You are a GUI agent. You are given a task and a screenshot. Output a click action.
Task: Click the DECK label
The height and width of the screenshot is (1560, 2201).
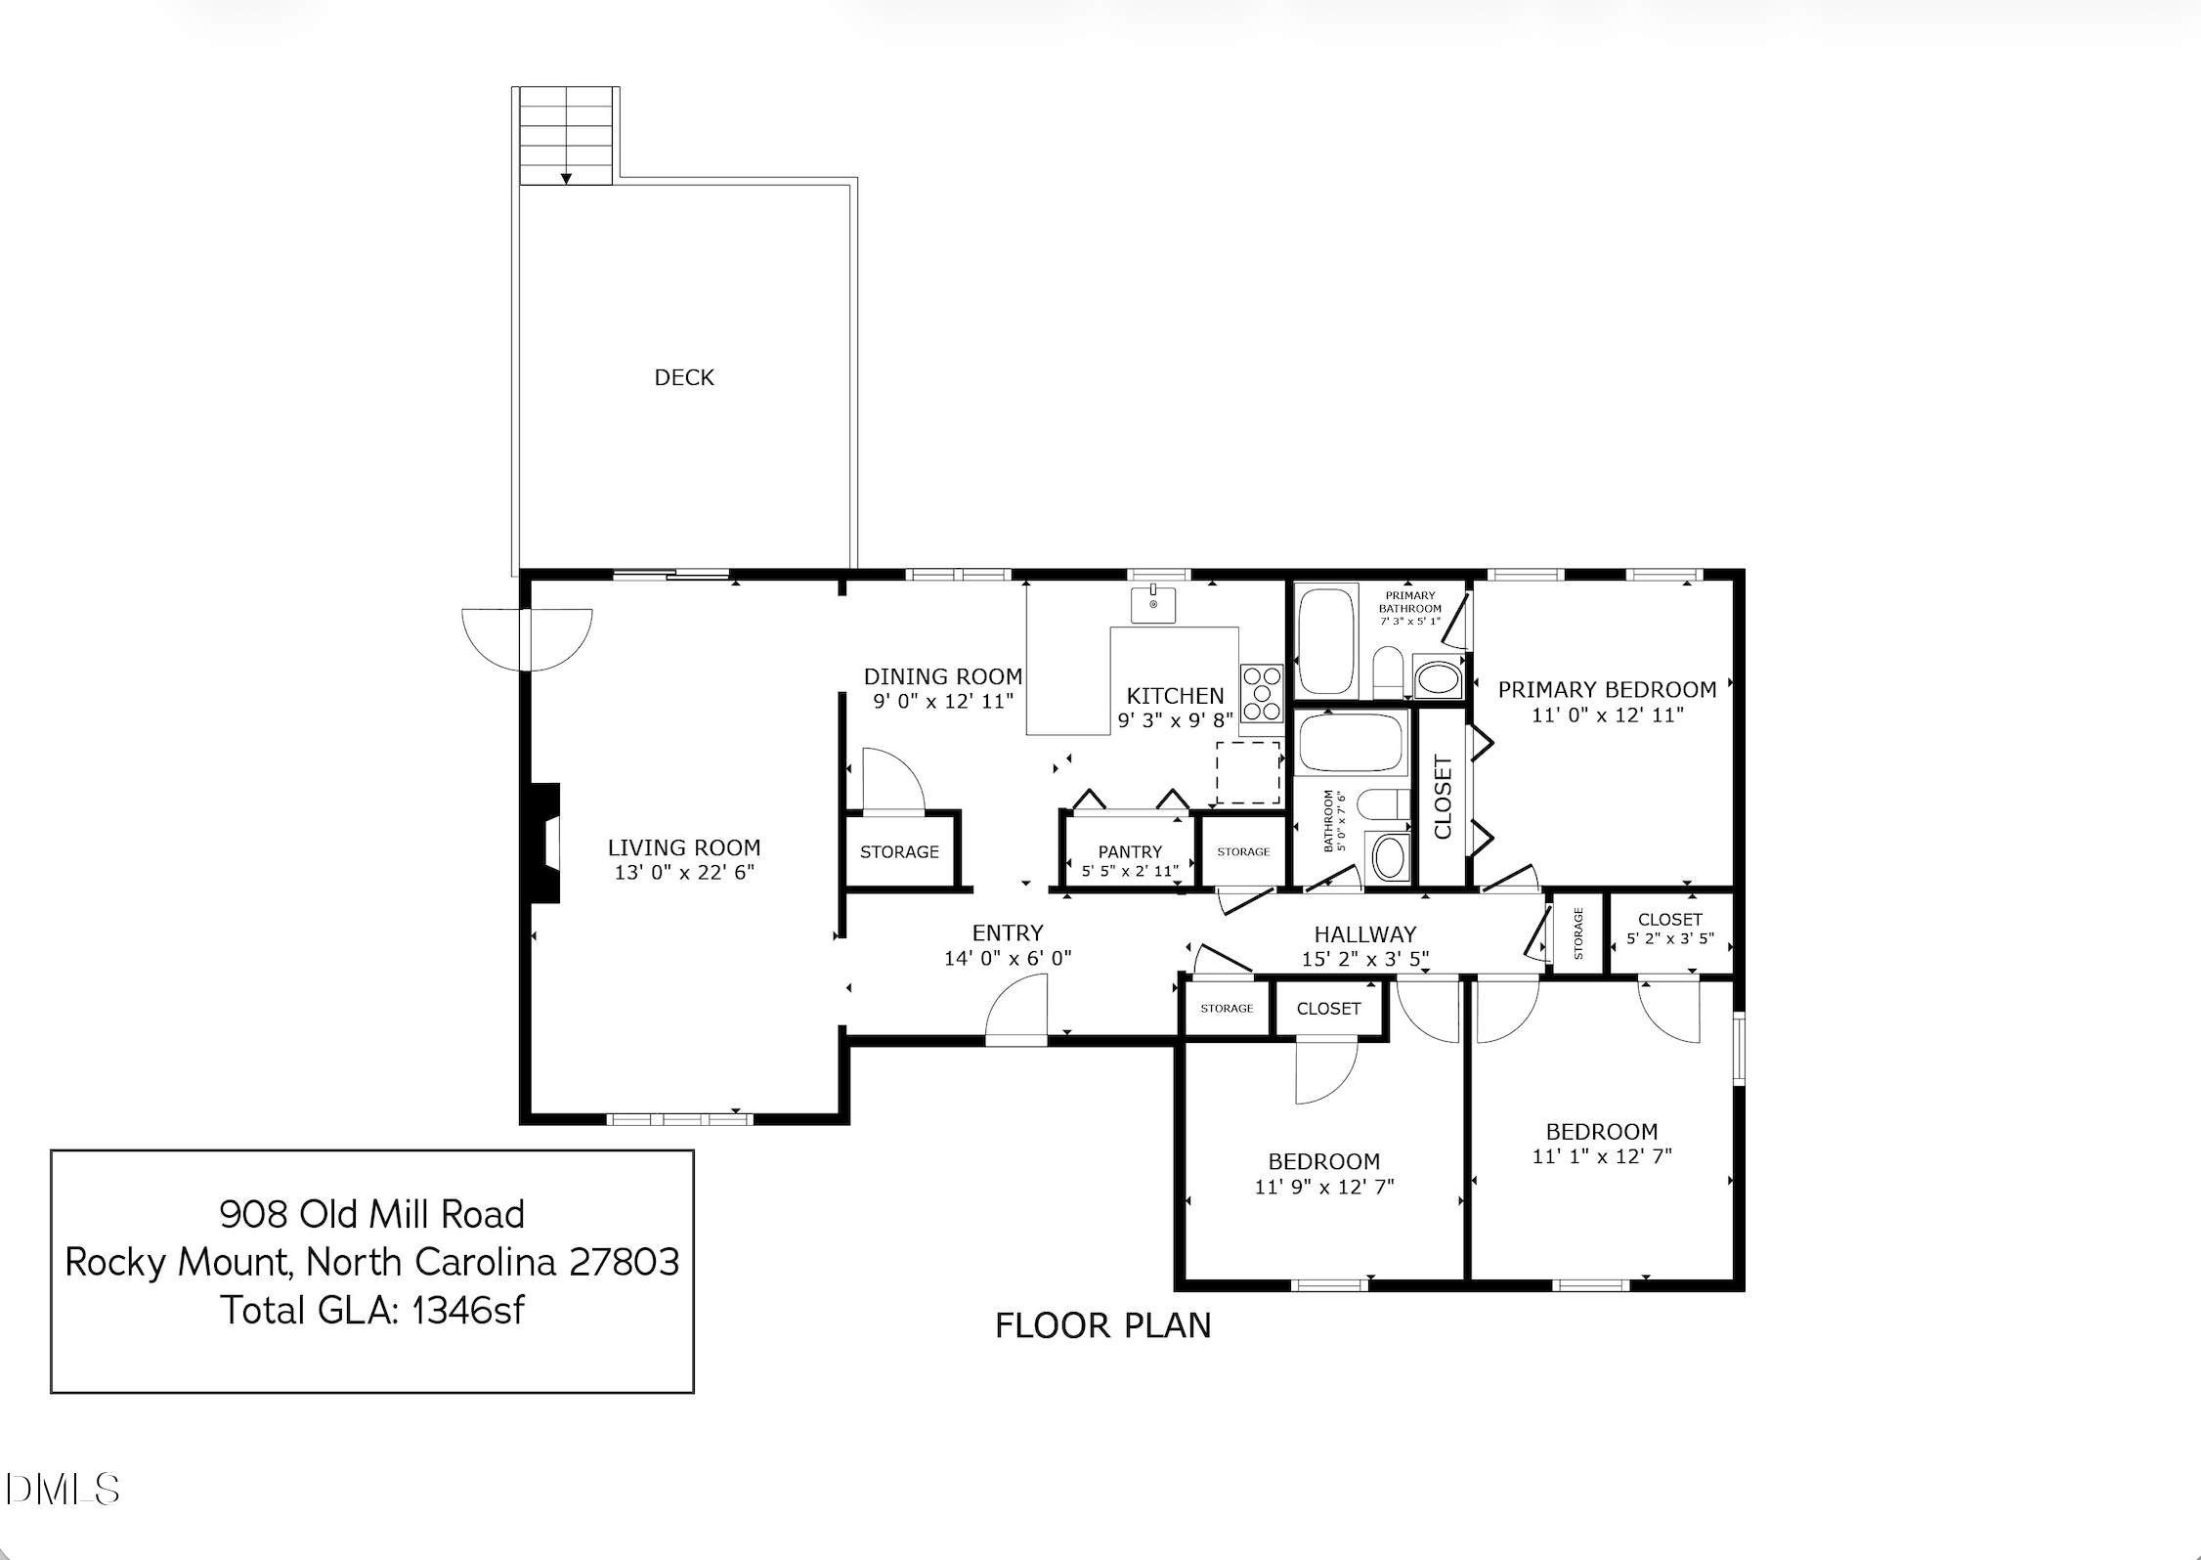pyautogui.click(x=684, y=377)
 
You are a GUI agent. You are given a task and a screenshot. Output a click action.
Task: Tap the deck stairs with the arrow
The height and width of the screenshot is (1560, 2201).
pyautogui.click(x=566, y=135)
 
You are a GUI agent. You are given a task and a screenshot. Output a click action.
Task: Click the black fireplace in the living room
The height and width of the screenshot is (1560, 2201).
pyautogui.click(x=544, y=843)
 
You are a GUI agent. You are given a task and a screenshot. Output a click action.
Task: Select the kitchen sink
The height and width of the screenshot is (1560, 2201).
pyautogui.click(x=1153, y=604)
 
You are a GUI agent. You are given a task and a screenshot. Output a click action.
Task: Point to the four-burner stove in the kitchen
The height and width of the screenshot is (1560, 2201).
pyautogui.click(x=1262, y=693)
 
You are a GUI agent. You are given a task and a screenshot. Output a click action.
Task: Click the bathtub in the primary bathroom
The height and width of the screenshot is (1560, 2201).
pyautogui.click(x=1326, y=640)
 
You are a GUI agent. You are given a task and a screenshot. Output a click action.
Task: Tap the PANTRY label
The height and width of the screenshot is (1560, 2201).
pyautogui.click(x=1130, y=851)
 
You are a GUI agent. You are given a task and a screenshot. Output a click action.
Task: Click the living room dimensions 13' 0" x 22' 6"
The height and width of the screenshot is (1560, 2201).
pyautogui.click(x=684, y=872)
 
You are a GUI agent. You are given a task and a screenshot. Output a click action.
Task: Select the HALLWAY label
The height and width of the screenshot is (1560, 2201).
pyautogui.click(x=1364, y=934)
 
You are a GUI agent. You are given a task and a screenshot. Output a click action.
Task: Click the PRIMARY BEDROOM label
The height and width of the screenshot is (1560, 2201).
pyautogui.click(x=1607, y=689)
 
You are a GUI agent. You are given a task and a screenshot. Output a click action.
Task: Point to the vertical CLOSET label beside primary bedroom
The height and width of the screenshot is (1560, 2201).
pyautogui.click(x=1443, y=797)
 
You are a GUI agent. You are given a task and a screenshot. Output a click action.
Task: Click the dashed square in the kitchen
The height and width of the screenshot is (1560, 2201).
pyautogui.click(x=1248, y=772)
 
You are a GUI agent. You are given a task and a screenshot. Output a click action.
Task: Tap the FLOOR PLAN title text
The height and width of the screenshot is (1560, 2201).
pyautogui.click(x=1103, y=1325)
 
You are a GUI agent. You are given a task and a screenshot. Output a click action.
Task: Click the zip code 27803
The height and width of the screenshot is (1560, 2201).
pyautogui.click(x=624, y=1262)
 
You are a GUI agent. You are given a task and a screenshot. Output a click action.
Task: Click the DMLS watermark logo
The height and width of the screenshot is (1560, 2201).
pyautogui.click(x=62, y=1490)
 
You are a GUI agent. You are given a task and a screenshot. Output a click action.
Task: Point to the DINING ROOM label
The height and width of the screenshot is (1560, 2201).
pyautogui.click(x=943, y=676)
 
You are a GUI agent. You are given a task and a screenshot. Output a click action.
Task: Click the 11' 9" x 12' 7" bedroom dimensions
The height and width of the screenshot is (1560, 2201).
pyautogui.click(x=1324, y=1187)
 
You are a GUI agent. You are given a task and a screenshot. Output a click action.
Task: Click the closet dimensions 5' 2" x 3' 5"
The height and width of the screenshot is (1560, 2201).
pyautogui.click(x=1670, y=938)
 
